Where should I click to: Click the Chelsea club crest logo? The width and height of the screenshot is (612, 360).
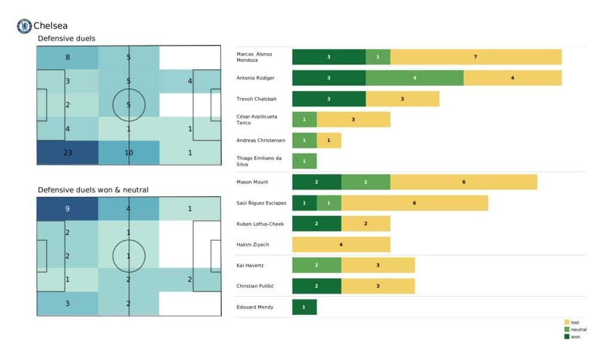[24, 26]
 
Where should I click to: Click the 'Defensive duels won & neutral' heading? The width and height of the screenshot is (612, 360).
[93, 190]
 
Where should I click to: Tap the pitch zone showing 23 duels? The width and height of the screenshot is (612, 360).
[67, 152]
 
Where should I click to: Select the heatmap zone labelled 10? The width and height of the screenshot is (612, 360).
[128, 152]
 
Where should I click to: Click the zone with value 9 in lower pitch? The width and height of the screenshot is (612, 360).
[67, 209]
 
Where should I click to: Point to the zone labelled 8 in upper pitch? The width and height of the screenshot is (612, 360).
[67, 58]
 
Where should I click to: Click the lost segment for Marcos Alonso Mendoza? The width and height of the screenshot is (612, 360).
[476, 57]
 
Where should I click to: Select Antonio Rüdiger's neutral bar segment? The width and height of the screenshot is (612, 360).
[414, 78]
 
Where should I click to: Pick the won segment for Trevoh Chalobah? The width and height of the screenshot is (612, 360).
[329, 99]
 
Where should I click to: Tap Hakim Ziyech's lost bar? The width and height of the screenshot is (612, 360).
[341, 244]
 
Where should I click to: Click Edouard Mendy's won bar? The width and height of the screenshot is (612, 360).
[304, 307]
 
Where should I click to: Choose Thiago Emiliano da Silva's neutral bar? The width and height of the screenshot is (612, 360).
[304, 161]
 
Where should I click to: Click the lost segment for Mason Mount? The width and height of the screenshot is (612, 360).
[464, 182]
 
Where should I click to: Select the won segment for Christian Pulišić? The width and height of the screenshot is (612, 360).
[316, 286]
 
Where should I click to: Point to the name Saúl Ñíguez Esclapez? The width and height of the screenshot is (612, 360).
[261, 203]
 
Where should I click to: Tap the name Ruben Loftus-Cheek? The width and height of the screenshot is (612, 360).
[260, 224]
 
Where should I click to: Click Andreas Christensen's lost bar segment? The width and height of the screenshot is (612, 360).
[329, 140]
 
